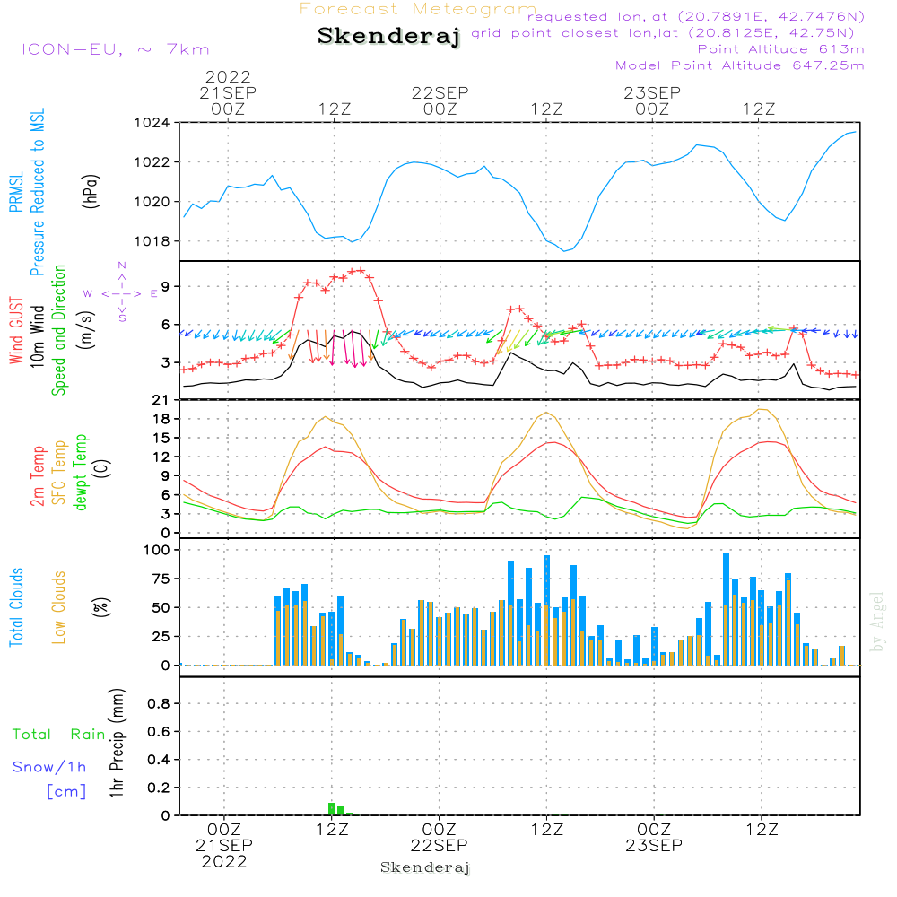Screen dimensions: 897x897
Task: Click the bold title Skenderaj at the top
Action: [x=388, y=37]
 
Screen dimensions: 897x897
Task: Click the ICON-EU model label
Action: [x=72, y=49]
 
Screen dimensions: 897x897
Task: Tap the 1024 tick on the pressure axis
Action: [x=152, y=123]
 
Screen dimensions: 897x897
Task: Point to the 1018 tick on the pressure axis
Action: [x=152, y=241]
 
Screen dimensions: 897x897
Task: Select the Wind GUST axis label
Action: [x=16, y=330]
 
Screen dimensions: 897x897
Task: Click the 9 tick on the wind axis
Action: [x=165, y=286]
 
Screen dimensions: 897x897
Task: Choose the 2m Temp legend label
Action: [x=37, y=476]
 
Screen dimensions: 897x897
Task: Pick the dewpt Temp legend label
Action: [x=80, y=472]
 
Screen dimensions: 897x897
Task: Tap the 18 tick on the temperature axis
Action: [x=161, y=419]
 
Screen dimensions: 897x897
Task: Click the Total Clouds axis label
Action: [x=16, y=607]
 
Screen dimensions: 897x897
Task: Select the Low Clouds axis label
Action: [x=58, y=607]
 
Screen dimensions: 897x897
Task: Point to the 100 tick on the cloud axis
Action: [x=157, y=550]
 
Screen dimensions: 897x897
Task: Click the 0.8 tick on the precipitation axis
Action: [x=159, y=703]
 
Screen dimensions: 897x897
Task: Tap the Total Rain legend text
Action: [x=59, y=735]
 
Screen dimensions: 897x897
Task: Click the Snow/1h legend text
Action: [x=49, y=767]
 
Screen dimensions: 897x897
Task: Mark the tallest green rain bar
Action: [x=331, y=809]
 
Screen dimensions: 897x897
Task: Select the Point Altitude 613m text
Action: [x=781, y=49]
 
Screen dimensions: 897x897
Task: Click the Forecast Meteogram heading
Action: [x=418, y=9]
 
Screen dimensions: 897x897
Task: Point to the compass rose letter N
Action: [x=122, y=266]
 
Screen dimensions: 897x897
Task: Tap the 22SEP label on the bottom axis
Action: [x=440, y=845]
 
